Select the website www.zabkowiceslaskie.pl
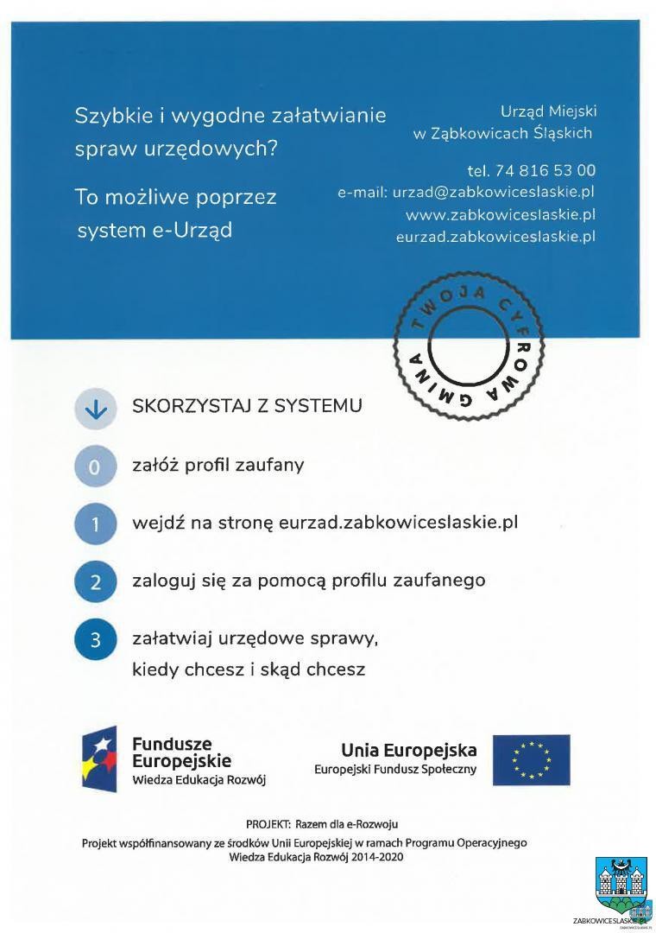(x=501, y=213)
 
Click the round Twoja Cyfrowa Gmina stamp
(x=469, y=349)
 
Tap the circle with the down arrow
(x=96, y=409)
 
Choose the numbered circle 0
(x=96, y=467)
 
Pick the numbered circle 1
(x=96, y=524)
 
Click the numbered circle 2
(x=96, y=582)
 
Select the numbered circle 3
(x=96, y=640)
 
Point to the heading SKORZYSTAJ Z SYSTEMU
(x=247, y=406)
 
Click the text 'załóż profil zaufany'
(x=218, y=465)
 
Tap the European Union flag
(x=531, y=759)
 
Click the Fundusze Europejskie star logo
(x=99, y=758)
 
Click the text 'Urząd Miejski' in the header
(x=548, y=111)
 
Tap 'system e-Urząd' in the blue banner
(x=155, y=231)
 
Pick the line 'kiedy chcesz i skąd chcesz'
(x=249, y=670)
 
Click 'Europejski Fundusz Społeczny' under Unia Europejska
(x=395, y=769)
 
